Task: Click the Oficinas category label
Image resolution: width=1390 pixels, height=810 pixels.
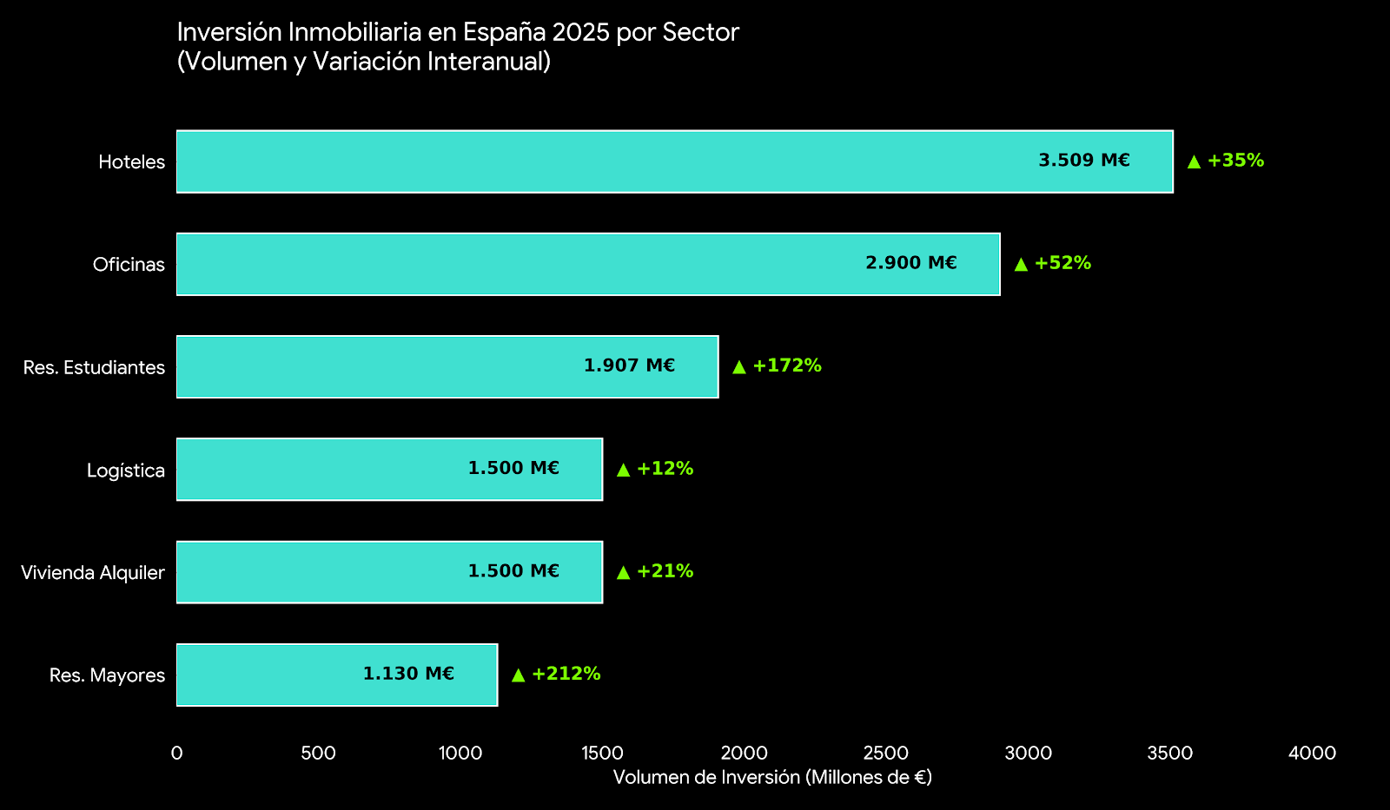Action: (x=129, y=265)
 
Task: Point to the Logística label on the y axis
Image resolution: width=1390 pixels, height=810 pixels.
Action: (x=126, y=471)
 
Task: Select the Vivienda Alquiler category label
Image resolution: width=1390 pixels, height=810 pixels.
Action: (x=93, y=573)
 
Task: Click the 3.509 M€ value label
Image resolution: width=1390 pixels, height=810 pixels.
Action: (x=1084, y=161)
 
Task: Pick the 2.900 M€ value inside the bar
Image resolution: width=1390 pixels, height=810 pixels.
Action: (x=911, y=263)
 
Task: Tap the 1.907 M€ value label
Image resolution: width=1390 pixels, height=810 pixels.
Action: (x=629, y=365)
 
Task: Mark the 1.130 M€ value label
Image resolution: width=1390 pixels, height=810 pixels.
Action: (x=408, y=674)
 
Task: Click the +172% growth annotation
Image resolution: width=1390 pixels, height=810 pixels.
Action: (x=787, y=365)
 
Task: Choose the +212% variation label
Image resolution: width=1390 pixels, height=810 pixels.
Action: (x=566, y=674)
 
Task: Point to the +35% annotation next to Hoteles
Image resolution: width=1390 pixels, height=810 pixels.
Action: (x=1235, y=161)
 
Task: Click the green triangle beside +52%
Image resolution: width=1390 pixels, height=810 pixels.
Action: (x=1021, y=264)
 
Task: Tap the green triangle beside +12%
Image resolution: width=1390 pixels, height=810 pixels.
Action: (x=623, y=470)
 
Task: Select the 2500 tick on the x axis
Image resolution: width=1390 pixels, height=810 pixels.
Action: (x=886, y=754)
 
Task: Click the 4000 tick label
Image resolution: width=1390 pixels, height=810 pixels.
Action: (x=1312, y=754)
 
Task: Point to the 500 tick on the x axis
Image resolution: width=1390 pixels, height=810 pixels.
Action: (x=318, y=754)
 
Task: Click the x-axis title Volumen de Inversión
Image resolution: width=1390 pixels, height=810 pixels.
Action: (x=772, y=778)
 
